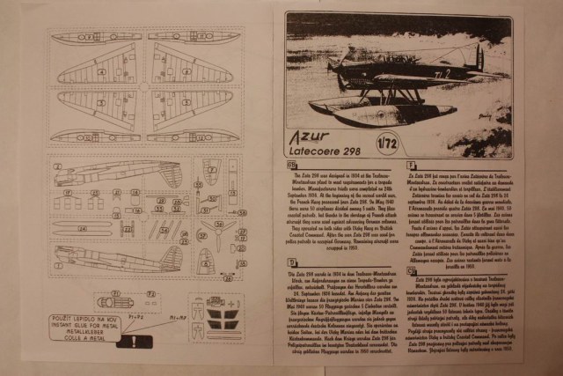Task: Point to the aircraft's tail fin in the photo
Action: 480,57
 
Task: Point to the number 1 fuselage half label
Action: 57,166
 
